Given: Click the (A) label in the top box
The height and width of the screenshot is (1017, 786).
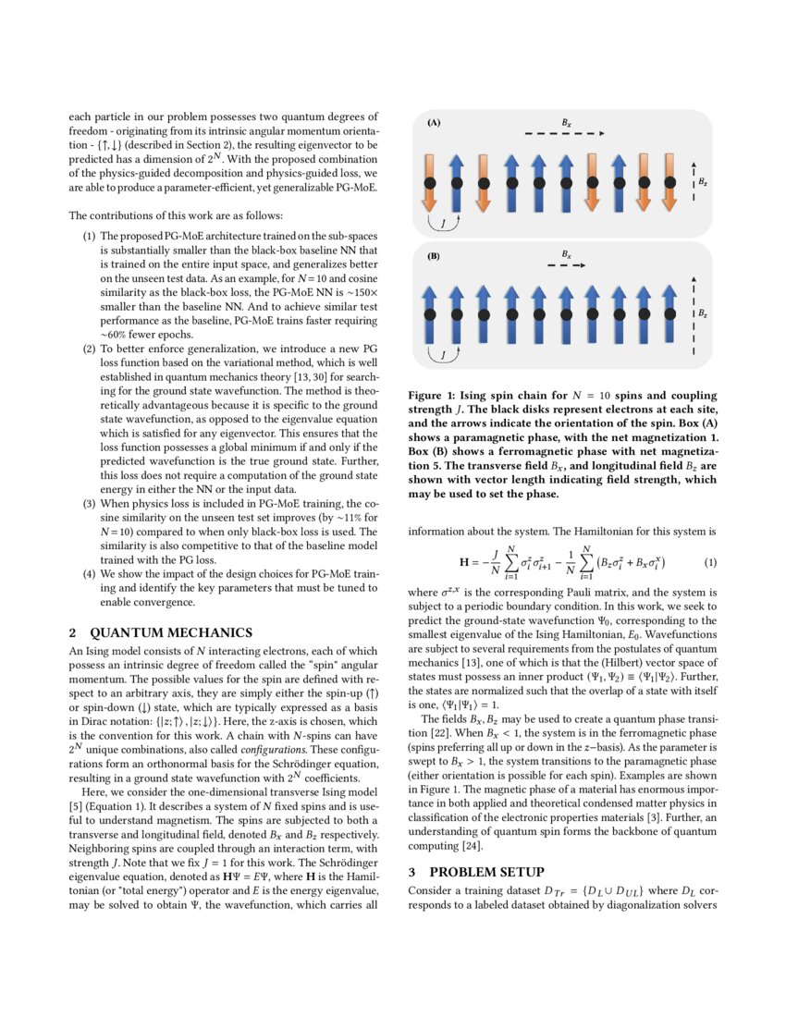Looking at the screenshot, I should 434,122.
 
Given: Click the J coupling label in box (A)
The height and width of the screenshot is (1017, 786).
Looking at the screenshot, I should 444,223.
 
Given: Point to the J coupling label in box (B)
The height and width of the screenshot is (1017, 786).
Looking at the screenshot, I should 444,354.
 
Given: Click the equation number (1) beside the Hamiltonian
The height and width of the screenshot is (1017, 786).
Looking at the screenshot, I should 710,562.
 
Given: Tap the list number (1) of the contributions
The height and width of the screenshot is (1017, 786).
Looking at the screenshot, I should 89,238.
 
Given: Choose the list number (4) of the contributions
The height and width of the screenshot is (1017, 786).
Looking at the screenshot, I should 89,573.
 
